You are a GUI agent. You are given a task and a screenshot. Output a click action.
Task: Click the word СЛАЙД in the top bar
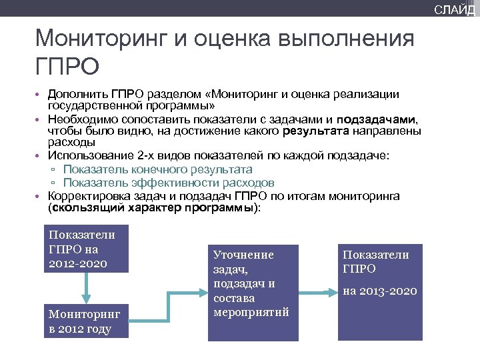(x=455, y=9)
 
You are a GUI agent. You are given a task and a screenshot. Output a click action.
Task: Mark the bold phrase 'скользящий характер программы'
(x=154, y=207)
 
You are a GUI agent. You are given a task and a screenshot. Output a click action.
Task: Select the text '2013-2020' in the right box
(x=380, y=291)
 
